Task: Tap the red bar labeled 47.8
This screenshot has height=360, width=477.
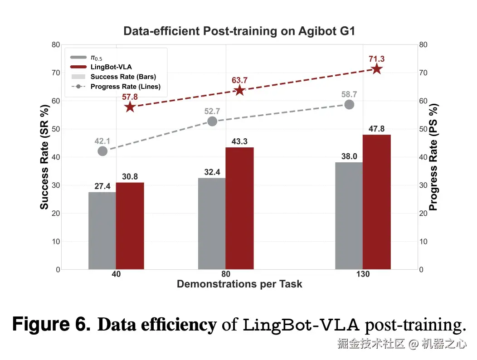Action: (x=376, y=202)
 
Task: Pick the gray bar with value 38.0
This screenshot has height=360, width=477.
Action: (x=349, y=216)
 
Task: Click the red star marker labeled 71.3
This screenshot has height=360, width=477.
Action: (x=376, y=69)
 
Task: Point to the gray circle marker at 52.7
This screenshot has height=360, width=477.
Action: (x=212, y=121)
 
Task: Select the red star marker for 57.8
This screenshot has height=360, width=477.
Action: (x=130, y=107)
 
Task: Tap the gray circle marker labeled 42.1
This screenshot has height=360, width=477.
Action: (x=102, y=151)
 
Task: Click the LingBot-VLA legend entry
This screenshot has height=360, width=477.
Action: (x=109, y=67)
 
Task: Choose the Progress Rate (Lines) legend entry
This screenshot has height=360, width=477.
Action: (x=125, y=86)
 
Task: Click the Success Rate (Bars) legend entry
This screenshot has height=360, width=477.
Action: (x=123, y=77)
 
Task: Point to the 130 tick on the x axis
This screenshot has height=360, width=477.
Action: (x=363, y=274)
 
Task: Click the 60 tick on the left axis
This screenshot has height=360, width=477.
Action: (x=56, y=101)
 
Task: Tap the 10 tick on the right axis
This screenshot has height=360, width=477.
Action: (x=423, y=242)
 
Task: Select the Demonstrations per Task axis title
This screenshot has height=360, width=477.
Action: (x=239, y=284)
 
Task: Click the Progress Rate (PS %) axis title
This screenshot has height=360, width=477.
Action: (x=433, y=157)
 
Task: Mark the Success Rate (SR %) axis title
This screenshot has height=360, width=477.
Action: (x=44, y=157)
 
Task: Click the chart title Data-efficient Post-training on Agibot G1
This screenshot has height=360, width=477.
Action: (x=239, y=32)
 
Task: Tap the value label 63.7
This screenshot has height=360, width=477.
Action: (x=239, y=81)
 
